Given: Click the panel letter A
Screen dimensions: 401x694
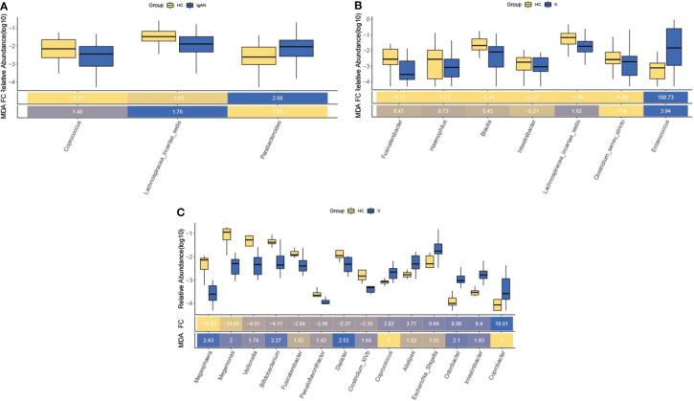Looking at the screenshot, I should coord(5,6).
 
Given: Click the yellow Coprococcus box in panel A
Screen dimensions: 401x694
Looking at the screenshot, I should coord(59,49).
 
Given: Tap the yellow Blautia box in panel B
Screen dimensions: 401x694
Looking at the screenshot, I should coord(480,44).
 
